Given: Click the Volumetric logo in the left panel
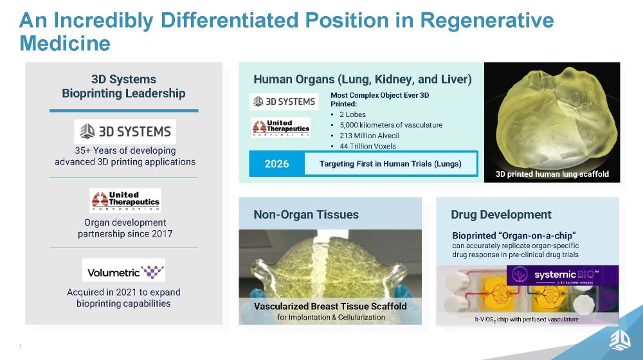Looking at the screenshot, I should click(123, 270).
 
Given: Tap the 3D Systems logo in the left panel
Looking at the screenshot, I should click(125, 132).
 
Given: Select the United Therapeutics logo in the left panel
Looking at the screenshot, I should click(125, 201).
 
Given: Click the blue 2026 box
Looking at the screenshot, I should click(276, 164).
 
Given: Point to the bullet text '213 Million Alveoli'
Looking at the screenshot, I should click(369, 136).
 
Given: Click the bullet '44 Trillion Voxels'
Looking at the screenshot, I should click(367, 146).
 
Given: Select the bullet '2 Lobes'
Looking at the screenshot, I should click(352, 114).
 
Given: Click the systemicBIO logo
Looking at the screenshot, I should click(563, 276).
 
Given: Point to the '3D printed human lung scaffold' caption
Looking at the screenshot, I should click(552, 174).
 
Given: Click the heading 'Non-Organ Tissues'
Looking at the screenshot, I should click(306, 215).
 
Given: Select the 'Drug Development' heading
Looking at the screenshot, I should click(501, 215).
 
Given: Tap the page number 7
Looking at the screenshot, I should click(20, 347).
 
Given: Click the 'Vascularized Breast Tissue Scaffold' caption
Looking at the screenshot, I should click(330, 306).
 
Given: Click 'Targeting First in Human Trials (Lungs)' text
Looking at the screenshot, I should click(390, 164).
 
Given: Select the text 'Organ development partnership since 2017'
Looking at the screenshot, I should click(125, 228).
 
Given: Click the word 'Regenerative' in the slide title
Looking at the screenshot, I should click(486, 21).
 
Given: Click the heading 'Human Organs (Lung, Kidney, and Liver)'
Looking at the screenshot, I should click(363, 80).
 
